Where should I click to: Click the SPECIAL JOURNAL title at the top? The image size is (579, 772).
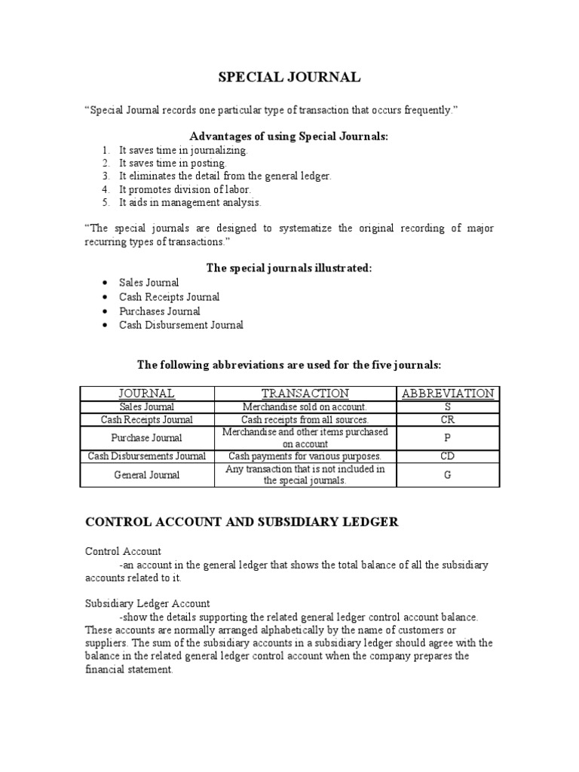pos(289,78)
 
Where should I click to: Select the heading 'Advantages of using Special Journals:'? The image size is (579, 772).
pos(289,136)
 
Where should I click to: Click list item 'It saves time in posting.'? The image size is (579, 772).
pos(173,163)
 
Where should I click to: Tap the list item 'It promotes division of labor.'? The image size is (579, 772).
pos(185,189)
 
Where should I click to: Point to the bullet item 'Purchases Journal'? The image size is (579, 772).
pos(160,311)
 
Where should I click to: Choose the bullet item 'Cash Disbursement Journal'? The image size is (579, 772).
pos(181,325)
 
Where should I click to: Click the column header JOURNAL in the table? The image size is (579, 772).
pos(147,394)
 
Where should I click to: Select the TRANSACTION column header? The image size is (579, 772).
pos(305,394)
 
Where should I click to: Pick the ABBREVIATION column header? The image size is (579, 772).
pos(448,394)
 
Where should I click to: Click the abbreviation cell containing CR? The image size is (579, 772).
pos(448,420)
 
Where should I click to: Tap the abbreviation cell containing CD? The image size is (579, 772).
pos(448,456)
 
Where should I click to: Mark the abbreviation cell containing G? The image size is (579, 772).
pos(448,475)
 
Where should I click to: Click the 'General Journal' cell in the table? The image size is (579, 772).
pos(147,475)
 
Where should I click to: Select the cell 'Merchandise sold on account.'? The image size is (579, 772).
pos(305,407)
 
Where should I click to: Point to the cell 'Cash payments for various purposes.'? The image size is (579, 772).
pos(305,456)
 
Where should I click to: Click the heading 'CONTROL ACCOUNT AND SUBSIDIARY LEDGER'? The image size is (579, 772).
pos(241,522)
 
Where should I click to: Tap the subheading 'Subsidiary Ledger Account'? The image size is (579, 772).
pos(147,604)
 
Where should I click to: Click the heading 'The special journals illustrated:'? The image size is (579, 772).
pos(289,268)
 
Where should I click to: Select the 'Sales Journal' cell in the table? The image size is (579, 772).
pos(147,407)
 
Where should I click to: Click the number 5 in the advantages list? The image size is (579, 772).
pos(106,203)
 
